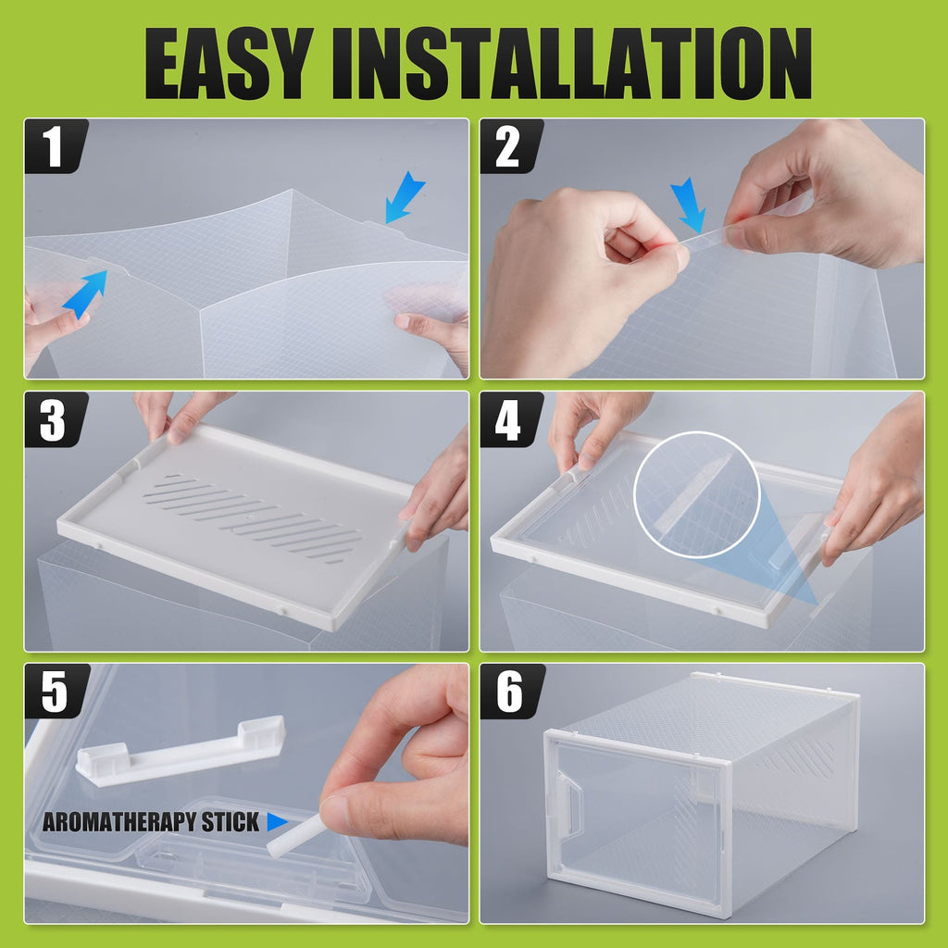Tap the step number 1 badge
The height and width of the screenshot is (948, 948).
(55, 148)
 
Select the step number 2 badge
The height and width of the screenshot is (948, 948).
(508, 148)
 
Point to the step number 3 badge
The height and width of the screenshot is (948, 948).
(55, 420)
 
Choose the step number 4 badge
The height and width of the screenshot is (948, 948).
(508, 420)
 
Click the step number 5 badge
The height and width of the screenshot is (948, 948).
(55, 693)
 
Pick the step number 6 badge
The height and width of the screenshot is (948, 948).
(508, 693)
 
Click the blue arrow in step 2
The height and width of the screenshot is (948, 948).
(688, 205)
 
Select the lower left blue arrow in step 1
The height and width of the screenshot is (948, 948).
(85, 292)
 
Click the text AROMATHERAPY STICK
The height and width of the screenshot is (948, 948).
(151, 822)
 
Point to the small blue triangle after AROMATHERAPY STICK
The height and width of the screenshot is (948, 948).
(277, 822)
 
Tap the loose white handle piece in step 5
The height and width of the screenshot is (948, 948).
(181, 752)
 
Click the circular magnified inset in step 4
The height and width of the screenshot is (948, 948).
(696, 494)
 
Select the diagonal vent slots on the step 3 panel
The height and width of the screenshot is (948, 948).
(253, 518)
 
